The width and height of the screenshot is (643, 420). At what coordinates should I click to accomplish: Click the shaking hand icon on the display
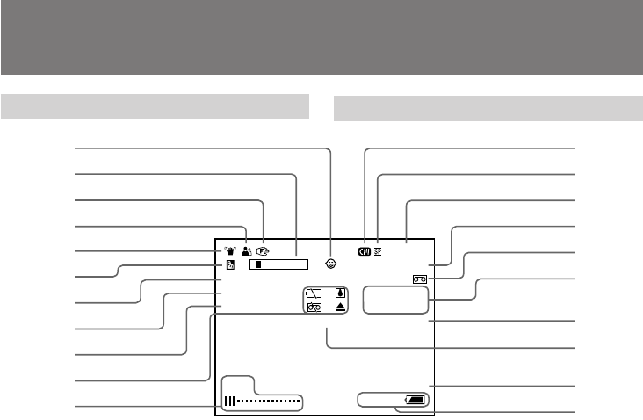pos(229,251)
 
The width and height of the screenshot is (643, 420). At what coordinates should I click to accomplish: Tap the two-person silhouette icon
pos(247,251)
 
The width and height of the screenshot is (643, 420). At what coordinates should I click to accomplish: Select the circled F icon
pos(262,251)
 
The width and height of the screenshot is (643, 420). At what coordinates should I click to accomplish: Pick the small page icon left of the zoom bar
pos(230,264)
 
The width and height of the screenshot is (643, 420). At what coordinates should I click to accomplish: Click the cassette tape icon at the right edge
pos(419,279)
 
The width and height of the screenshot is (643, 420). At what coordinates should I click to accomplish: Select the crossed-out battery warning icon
pos(314,293)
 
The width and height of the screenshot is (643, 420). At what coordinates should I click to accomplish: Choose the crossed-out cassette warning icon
pos(314,308)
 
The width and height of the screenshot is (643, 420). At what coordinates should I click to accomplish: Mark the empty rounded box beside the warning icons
pos(395,299)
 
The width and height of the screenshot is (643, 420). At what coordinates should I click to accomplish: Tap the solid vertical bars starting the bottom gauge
pos(230,402)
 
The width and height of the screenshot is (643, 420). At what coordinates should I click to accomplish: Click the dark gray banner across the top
pos(321,37)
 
